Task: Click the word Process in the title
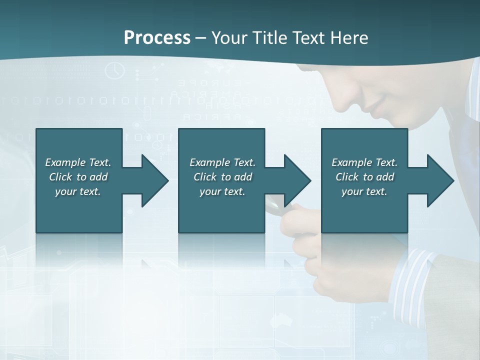(x=157, y=38)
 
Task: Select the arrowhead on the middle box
(x=297, y=181)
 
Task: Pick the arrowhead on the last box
(x=440, y=181)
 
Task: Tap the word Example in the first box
(x=65, y=162)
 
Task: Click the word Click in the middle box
(x=205, y=177)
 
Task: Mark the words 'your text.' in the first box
(x=78, y=191)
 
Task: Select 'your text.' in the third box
(x=364, y=191)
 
